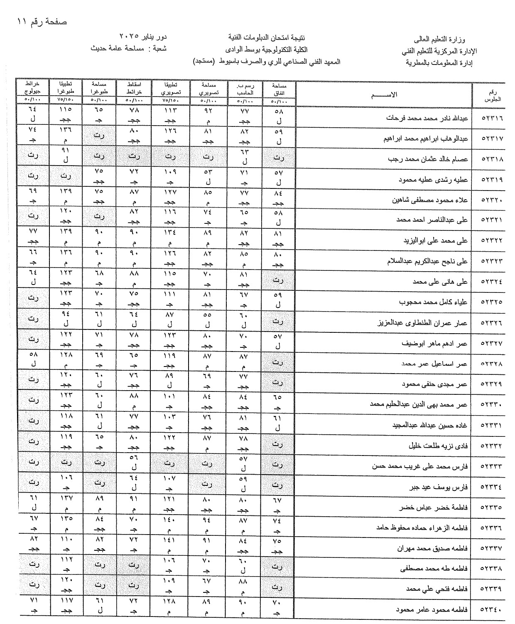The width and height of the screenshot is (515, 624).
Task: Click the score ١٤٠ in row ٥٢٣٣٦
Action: coord(169,520)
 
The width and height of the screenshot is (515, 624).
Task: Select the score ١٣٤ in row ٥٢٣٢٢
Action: coord(169,233)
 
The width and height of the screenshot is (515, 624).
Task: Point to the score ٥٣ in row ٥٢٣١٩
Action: coord(208,171)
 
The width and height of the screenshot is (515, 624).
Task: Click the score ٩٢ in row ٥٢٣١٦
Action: coord(208,110)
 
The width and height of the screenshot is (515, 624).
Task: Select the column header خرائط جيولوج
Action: coord(32,87)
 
